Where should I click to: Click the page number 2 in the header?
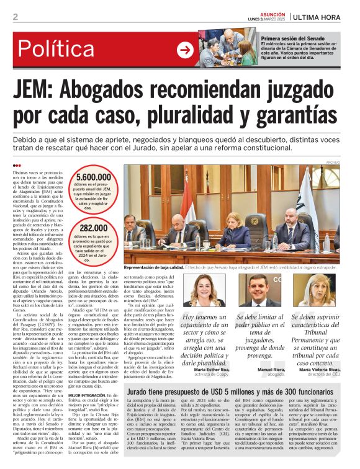click(15, 17)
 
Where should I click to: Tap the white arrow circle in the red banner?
click(185, 50)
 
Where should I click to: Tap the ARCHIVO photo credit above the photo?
click(333, 162)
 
